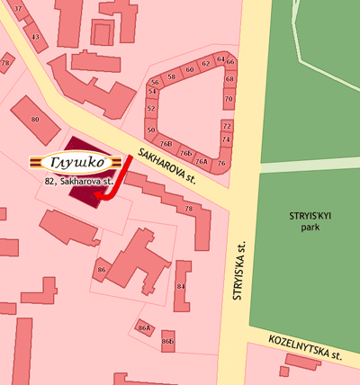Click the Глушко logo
point(75,163)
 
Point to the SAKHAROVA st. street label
point(167,165)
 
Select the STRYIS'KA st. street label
point(240,269)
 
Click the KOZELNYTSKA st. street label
point(305,347)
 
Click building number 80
point(35,119)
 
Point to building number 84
point(181,286)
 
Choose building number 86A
point(142,328)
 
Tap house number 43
point(35,37)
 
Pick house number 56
point(155,82)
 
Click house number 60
point(190,67)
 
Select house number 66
point(229,62)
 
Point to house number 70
point(229,99)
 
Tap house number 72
point(226,126)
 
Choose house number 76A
point(202,162)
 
